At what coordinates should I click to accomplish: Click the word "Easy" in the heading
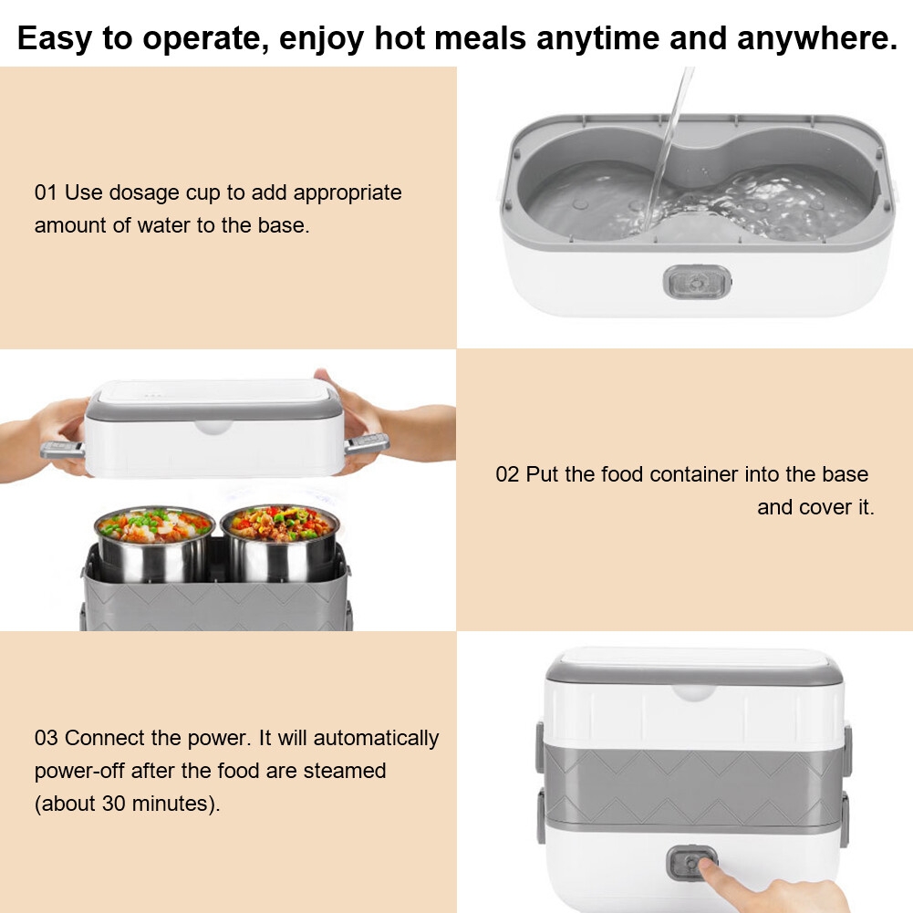pos(54,38)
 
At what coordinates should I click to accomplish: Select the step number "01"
pos(46,192)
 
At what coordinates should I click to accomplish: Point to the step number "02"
pos(507,474)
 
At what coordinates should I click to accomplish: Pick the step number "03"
pos(46,738)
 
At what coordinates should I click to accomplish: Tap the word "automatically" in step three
pos(376,738)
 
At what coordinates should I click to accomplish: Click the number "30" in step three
pos(113,804)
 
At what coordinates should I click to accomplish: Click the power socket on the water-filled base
pos(697,282)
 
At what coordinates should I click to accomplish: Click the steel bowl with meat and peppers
pos(280,542)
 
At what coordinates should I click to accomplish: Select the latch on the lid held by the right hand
pos(367,443)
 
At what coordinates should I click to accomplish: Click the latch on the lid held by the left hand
pos(62,450)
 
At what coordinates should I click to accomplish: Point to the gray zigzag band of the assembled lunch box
pos(693,783)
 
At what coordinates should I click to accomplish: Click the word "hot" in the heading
pos(399,38)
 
